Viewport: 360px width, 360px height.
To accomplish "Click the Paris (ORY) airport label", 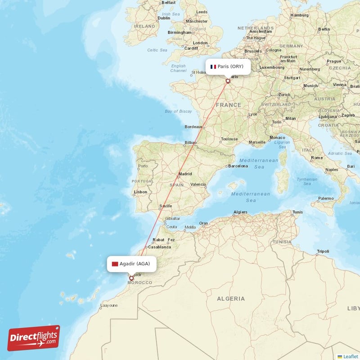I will (x=230, y=67).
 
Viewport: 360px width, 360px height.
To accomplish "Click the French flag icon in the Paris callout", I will (x=213, y=67).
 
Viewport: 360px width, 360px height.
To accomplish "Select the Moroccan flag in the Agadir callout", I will (x=115, y=264).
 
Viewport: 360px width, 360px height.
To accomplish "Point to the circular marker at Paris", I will (x=228, y=81).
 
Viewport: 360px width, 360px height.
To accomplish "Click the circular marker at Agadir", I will (x=131, y=278).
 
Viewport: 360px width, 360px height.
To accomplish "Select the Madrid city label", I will (x=185, y=174).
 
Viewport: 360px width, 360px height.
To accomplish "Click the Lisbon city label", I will (x=140, y=192).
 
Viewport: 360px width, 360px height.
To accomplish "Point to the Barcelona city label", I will (x=238, y=166).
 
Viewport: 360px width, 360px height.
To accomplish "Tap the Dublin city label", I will (x=164, y=18).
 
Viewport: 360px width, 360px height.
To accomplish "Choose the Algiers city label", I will (x=240, y=212).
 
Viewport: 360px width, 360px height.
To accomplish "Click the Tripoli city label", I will (x=323, y=251).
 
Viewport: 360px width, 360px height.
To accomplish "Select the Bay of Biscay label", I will (x=178, y=111).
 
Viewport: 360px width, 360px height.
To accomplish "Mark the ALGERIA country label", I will (x=231, y=298).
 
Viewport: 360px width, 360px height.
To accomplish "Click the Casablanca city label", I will (x=159, y=247).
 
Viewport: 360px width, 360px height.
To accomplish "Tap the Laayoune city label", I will (x=109, y=305).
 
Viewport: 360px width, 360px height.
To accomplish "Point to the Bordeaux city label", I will (x=193, y=127).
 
